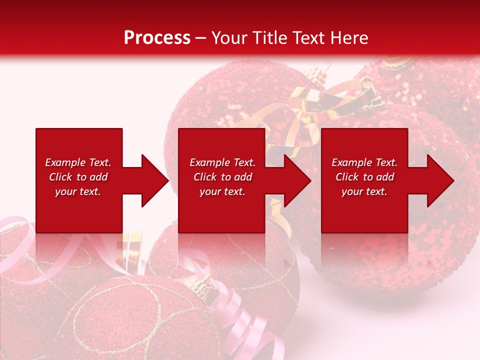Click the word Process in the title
click(157, 37)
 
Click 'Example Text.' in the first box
click(78, 162)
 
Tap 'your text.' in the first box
click(78, 191)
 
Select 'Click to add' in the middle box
click(222, 177)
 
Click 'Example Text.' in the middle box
click(222, 162)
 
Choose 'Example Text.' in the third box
click(364, 162)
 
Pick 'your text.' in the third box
click(364, 191)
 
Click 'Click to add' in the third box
click(364, 177)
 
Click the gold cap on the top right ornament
click(397, 62)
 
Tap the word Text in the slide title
click(306, 37)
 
